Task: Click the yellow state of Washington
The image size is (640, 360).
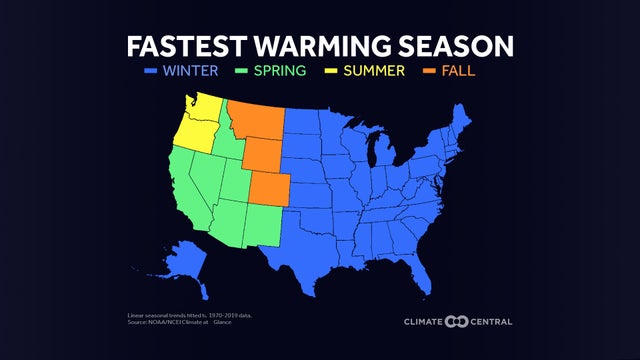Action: (x=205, y=112)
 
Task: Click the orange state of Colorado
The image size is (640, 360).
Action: (x=270, y=187)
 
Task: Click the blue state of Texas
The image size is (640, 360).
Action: (x=310, y=245)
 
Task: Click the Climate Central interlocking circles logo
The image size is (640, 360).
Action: (x=457, y=321)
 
